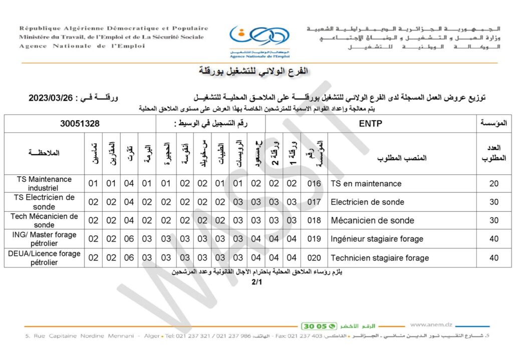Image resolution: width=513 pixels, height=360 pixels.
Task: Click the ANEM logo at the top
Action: click(x=259, y=39)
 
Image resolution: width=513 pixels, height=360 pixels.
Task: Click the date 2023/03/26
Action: click(x=51, y=98)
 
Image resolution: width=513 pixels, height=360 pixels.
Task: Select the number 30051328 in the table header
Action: click(x=80, y=124)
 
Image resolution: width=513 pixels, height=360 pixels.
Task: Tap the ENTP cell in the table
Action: click(x=371, y=124)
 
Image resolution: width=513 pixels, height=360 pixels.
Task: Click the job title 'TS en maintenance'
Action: click(x=366, y=184)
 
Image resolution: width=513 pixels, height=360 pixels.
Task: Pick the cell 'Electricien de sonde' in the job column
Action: click(x=367, y=202)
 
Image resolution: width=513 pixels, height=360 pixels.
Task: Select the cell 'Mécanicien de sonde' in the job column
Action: click(x=372, y=220)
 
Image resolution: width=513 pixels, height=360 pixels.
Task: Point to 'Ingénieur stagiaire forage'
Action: click(x=377, y=239)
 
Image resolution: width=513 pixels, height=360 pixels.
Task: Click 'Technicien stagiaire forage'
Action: click(x=380, y=258)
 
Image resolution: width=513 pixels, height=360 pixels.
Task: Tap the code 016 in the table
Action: click(x=314, y=184)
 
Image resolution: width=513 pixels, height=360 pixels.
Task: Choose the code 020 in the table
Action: click(x=314, y=258)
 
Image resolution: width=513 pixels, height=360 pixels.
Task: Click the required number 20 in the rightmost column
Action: click(x=494, y=184)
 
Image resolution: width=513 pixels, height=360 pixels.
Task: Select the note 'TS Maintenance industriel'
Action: click(x=44, y=183)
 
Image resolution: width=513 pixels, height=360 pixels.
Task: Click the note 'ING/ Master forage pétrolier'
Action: click(x=44, y=239)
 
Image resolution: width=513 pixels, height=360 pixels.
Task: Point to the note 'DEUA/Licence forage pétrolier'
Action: click(x=44, y=257)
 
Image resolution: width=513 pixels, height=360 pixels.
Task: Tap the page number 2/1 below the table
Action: click(x=256, y=282)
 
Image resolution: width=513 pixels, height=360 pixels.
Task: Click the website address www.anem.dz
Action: click(x=430, y=324)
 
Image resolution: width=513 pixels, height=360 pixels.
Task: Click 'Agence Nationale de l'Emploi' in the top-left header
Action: click(x=82, y=46)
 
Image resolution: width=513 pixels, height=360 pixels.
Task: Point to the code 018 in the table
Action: click(x=314, y=220)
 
